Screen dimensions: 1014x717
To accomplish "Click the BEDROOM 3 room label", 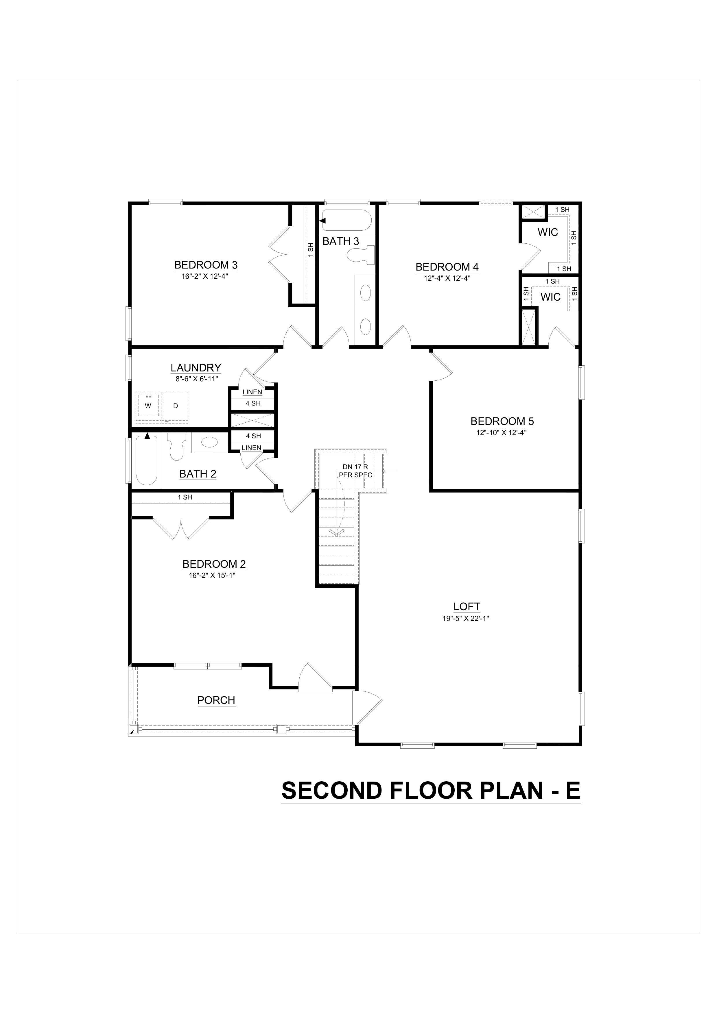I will (x=206, y=265).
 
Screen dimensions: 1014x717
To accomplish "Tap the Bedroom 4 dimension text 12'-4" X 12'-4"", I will (x=447, y=278).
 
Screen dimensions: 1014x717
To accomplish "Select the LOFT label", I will (x=467, y=606).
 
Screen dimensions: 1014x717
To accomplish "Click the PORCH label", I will (x=216, y=700).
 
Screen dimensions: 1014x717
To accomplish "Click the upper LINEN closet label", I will (x=252, y=392).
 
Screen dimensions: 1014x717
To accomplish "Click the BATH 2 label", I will (x=198, y=474).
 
